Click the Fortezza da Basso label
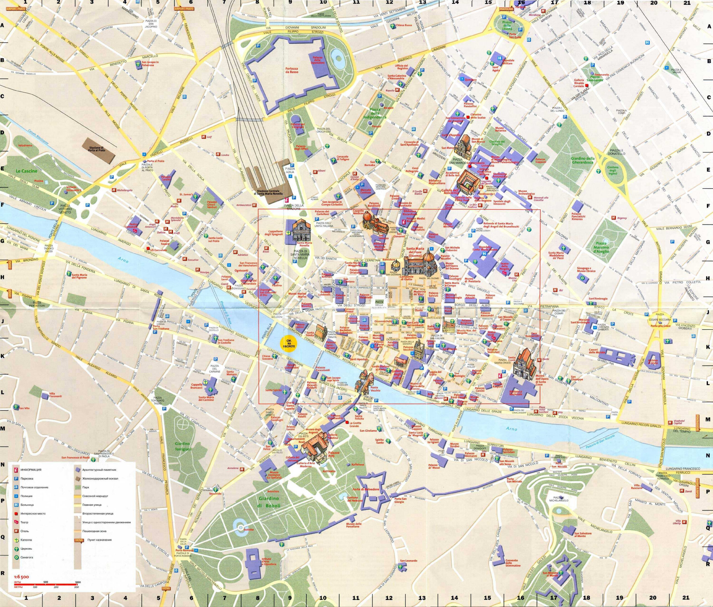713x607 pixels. pyautogui.click(x=292, y=70)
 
